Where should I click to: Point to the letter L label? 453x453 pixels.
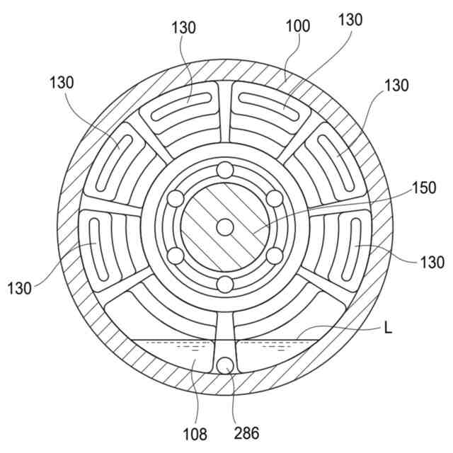pyautogui.click(x=387, y=328)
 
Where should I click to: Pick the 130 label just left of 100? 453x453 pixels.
pyautogui.click(x=184, y=28)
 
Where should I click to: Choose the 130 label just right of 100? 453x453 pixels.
pyautogui.click(x=350, y=19)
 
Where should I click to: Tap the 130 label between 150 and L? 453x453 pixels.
pyautogui.click(x=432, y=263)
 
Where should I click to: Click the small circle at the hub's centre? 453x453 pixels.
pyautogui.click(x=224, y=226)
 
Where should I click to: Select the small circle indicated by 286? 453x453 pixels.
pyautogui.click(x=225, y=366)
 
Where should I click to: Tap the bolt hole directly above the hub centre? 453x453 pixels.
pyautogui.click(x=224, y=170)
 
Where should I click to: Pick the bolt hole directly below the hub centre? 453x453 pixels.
pyautogui.click(x=224, y=285)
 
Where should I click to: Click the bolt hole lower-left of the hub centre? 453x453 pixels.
pyautogui.click(x=175, y=256)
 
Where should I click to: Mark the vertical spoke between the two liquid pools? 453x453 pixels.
pyautogui.click(x=224, y=333)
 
